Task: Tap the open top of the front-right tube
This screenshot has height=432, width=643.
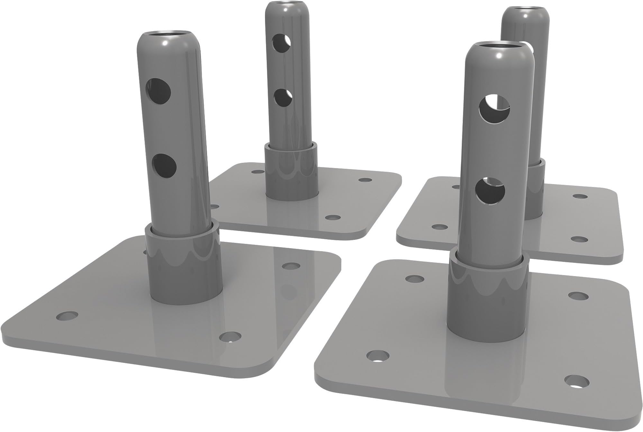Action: coord(497,46)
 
